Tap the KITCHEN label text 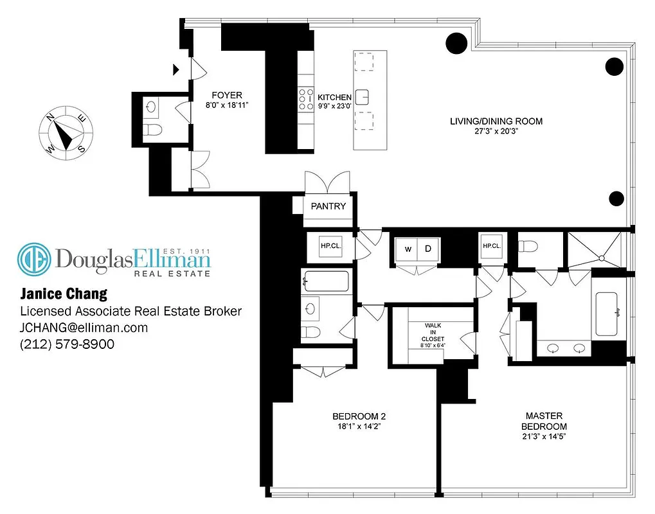click(335, 97)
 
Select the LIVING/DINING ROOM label click(495, 121)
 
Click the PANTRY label click(328, 206)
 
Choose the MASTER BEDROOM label click(544, 421)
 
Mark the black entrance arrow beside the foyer click(175, 69)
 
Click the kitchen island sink click(363, 96)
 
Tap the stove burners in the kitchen click(304, 100)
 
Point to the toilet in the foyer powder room click(152, 132)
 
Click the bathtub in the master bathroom click(607, 313)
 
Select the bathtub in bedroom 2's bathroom click(327, 281)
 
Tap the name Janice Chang click(63, 294)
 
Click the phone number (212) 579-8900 click(67, 344)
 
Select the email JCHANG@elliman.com click(84, 328)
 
